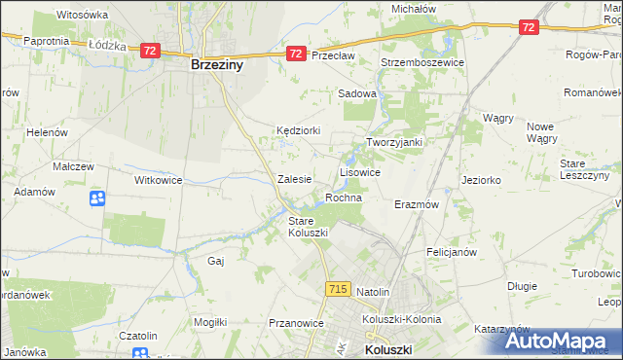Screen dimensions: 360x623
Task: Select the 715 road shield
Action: (x=338, y=289)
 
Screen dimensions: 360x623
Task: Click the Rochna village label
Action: (x=344, y=198)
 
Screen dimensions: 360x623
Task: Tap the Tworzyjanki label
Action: (x=393, y=142)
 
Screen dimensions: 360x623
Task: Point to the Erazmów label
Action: (x=417, y=205)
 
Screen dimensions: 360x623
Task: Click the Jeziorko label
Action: (x=481, y=180)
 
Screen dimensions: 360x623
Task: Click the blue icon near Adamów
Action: (x=97, y=199)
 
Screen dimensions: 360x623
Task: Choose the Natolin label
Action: (x=373, y=292)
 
